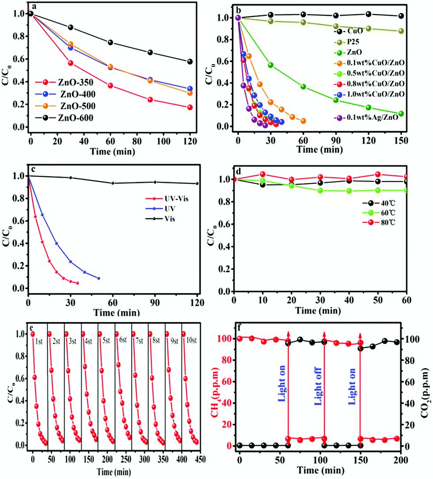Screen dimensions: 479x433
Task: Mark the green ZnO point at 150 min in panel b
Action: (x=401, y=114)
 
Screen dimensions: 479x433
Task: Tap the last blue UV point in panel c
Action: (x=99, y=278)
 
